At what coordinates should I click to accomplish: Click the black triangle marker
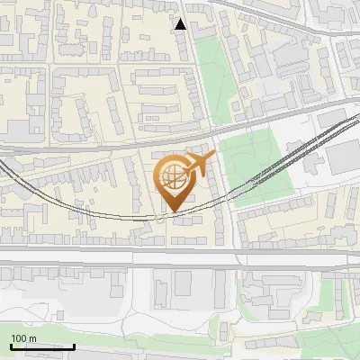pyautogui.click(x=181, y=24)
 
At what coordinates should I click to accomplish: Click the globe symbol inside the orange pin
pyautogui.click(x=174, y=176)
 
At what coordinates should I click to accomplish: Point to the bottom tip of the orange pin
pyautogui.click(x=174, y=212)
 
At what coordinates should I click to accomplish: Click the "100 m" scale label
pyautogui.click(x=23, y=338)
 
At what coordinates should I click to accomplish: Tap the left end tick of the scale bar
pyautogui.click(x=11, y=345)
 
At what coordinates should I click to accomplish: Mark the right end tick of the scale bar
pyautogui.click(x=74, y=345)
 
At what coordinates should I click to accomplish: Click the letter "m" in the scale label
pyautogui.click(x=32, y=338)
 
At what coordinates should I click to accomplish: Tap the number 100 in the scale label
pyautogui.click(x=20, y=338)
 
